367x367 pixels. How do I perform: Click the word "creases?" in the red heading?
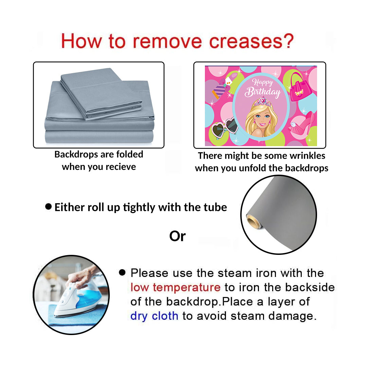[x=251, y=41]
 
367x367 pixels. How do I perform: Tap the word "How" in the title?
[x=81, y=41]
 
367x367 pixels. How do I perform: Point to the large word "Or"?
[x=177, y=236]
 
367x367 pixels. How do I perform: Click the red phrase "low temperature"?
[x=175, y=287]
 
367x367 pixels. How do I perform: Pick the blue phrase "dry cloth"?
[x=154, y=316]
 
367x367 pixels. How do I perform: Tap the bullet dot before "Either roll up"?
[x=49, y=207]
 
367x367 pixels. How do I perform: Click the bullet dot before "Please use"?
[x=122, y=272]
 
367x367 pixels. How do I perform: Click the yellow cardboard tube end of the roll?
[x=254, y=222]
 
